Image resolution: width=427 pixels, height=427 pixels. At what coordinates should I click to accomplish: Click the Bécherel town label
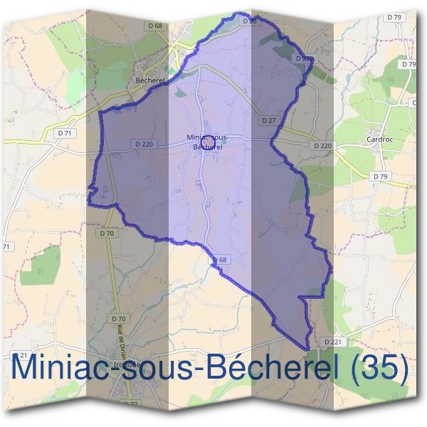pos(149,81)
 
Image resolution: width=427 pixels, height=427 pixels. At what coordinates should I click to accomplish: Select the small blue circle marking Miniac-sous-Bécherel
pos(209,142)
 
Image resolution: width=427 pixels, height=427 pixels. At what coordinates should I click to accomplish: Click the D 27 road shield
pos(268,121)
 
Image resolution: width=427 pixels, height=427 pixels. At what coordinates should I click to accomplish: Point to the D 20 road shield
pos(248,22)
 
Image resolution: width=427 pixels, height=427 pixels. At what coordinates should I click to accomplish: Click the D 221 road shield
pos(333,342)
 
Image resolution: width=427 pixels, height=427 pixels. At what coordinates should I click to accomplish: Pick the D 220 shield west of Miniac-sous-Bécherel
pos(143,144)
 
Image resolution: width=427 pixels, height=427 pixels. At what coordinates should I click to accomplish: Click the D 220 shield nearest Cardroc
pos(322,145)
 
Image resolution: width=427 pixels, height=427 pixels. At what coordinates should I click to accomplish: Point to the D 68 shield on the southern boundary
pos(219,260)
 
